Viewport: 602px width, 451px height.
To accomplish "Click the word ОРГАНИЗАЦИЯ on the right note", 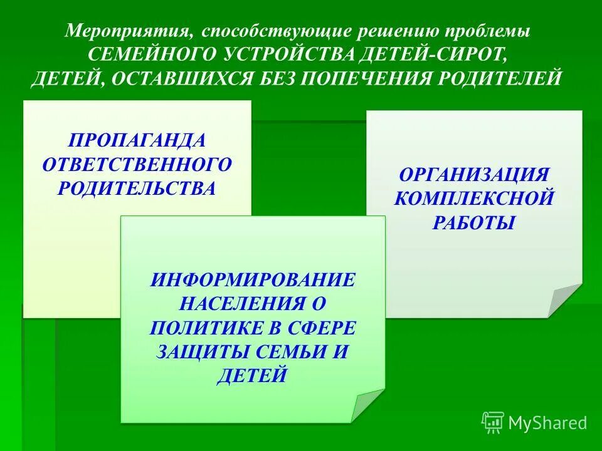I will coord(474,174).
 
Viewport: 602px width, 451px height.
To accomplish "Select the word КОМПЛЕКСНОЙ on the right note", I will coord(474,199).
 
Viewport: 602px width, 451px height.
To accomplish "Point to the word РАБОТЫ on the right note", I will coord(474,223).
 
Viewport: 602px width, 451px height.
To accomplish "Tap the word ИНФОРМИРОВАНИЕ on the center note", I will coord(253,279).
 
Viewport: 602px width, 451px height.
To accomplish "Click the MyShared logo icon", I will coord(493,422).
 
